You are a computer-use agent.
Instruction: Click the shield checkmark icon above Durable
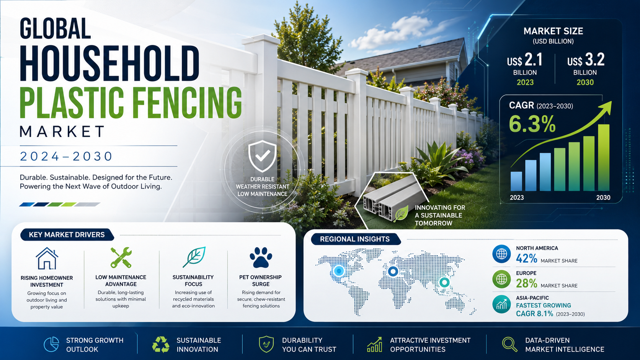[262, 156]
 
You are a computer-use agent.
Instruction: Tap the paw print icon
[261, 257]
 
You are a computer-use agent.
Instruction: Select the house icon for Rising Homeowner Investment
[47, 258]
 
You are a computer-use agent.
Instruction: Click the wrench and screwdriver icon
[121, 257]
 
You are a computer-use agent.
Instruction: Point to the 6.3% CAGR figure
[532, 124]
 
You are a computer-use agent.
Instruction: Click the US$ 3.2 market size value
[586, 60]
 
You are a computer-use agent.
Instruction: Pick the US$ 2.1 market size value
[525, 60]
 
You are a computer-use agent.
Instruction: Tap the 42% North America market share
[526, 258]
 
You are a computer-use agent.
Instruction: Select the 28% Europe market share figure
[526, 283]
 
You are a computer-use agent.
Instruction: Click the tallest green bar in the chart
[603, 158]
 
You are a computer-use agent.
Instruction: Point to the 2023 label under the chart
[517, 197]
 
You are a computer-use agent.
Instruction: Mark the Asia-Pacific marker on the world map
[444, 282]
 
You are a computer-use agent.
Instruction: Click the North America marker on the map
[339, 270]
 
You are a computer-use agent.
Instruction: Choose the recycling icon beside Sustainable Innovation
[160, 344]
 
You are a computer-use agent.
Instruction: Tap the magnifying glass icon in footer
[510, 344]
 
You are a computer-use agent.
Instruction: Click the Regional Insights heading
[354, 239]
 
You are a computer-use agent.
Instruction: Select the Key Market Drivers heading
[67, 235]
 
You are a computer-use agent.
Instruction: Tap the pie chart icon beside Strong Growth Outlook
[51, 344]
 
